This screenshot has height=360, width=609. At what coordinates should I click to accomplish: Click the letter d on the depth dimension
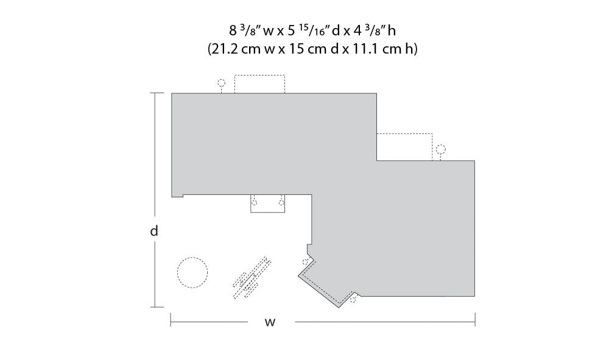[x=154, y=231]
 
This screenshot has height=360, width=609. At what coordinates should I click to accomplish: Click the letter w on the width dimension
[x=270, y=322]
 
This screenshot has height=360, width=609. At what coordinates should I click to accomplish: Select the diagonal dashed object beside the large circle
[x=252, y=278]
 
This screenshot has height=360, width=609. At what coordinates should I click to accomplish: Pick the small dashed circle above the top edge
[x=222, y=83]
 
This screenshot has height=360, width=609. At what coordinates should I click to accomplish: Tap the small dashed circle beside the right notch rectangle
[x=440, y=149]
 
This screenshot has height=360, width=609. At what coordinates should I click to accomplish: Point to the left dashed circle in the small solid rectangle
[x=255, y=202]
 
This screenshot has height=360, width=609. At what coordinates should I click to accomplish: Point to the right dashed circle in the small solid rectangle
[x=281, y=202]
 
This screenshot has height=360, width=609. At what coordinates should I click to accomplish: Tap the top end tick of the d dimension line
[x=157, y=93]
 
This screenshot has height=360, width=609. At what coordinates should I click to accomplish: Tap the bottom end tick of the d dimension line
[x=157, y=307]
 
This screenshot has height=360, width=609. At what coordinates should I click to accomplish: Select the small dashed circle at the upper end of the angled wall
[x=305, y=261]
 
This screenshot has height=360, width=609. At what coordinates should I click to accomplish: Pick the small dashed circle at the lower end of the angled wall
[x=353, y=300]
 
